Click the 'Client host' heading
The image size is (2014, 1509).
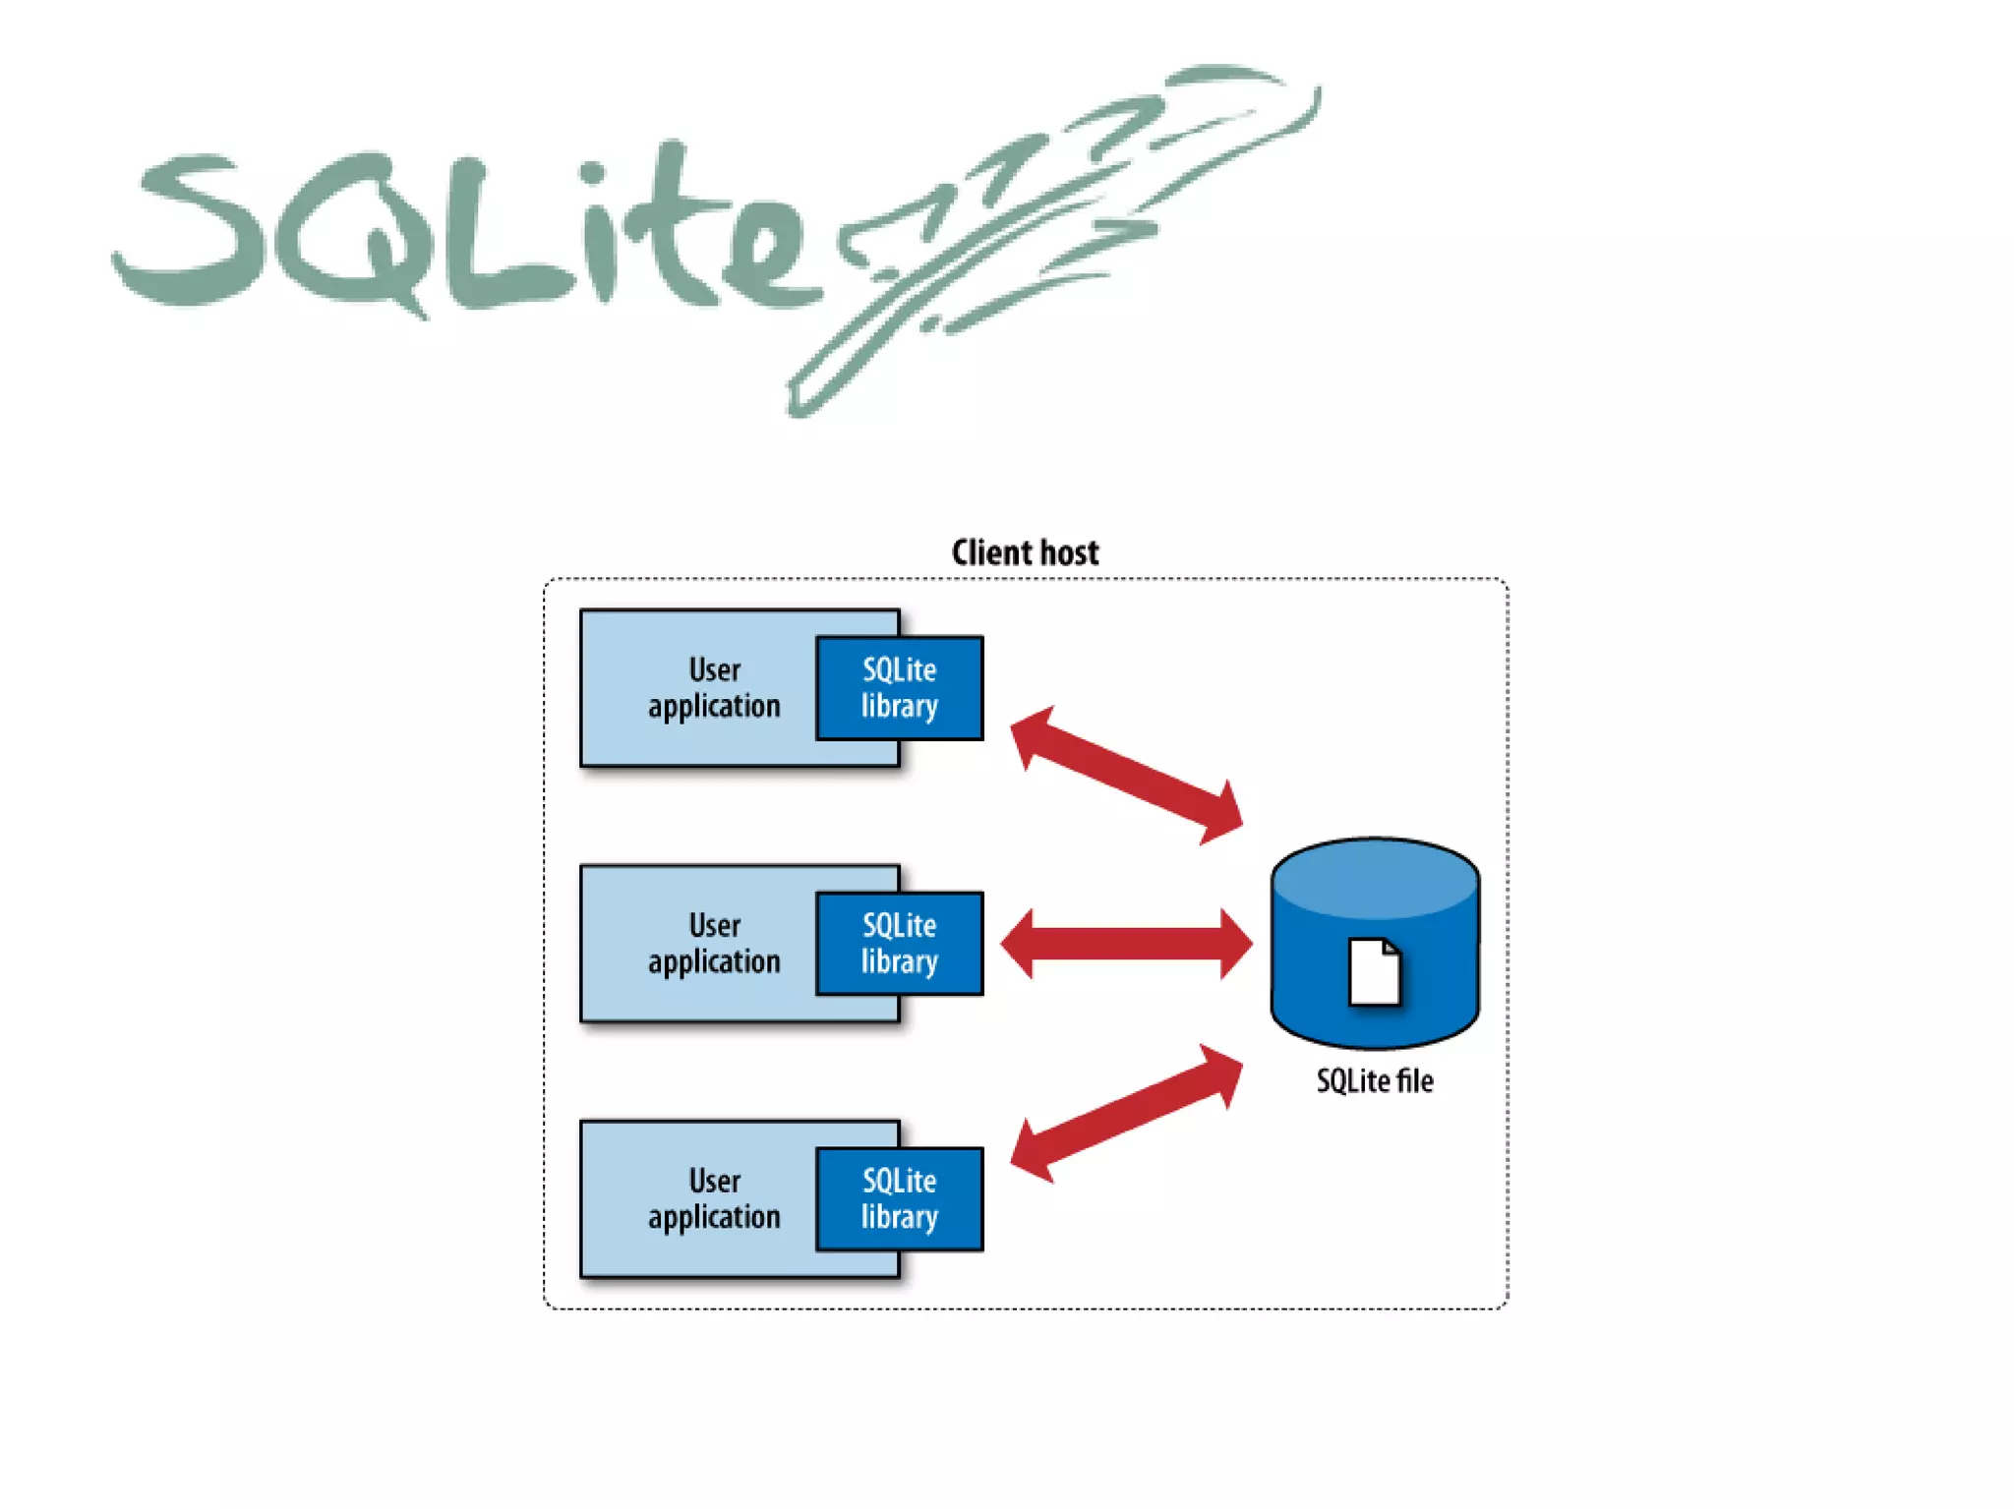tap(1025, 552)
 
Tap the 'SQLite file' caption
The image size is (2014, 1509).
tap(1374, 1081)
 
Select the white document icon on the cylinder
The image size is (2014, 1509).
tap(1374, 972)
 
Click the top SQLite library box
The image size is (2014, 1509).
tap(899, 688)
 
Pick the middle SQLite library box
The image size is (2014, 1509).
tap(899, 944)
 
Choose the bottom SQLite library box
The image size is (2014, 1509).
tap(899, 1199)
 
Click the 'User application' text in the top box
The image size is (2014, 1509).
tap(714, 688)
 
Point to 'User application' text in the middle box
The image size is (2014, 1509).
tap(714, 944)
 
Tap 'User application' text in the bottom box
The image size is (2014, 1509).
tap(714, 1199)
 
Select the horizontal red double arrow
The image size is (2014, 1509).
tap(1126, 944)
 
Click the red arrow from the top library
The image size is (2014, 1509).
tap(1126, 776)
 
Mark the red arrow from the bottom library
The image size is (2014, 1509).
tap(1126, 1113)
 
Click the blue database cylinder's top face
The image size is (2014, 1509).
tap(1374, 878)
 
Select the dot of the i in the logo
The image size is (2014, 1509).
tap(593, 174)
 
